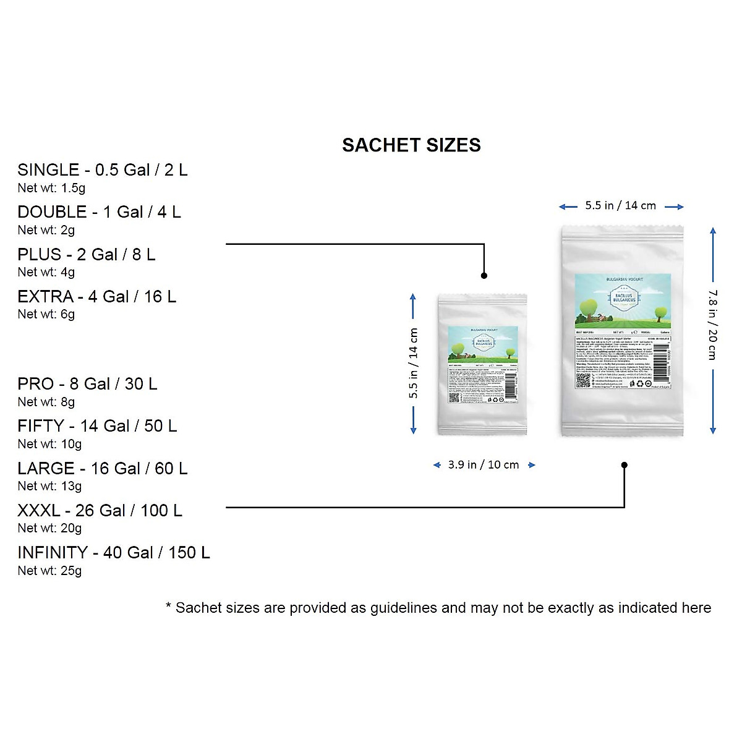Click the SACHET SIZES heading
pos(411,145)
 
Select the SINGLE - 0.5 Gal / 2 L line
pos(102,170)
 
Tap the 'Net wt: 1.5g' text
pos(51,188)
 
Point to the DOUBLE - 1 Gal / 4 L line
pos(99,212)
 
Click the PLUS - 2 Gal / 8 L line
pos(86,255)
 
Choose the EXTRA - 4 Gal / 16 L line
pos(96,297)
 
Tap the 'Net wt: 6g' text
pos(46,314)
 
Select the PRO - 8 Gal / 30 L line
pos(87,384)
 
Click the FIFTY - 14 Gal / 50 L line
pos(97,426)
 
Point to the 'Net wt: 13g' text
pos(49,486)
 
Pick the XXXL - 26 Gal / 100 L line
pos(100,511)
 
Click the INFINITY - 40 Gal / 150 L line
pos(113,553)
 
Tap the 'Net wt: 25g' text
pos(49,571)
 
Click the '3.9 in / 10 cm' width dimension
pos(484,465)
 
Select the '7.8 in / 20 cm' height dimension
pos(712,325)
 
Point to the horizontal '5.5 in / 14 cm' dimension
pos(620,206)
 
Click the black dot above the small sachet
pos(484,275)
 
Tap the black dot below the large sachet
pos(625,465)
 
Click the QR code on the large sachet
pos(582,380)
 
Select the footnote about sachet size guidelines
pos(438,608)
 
